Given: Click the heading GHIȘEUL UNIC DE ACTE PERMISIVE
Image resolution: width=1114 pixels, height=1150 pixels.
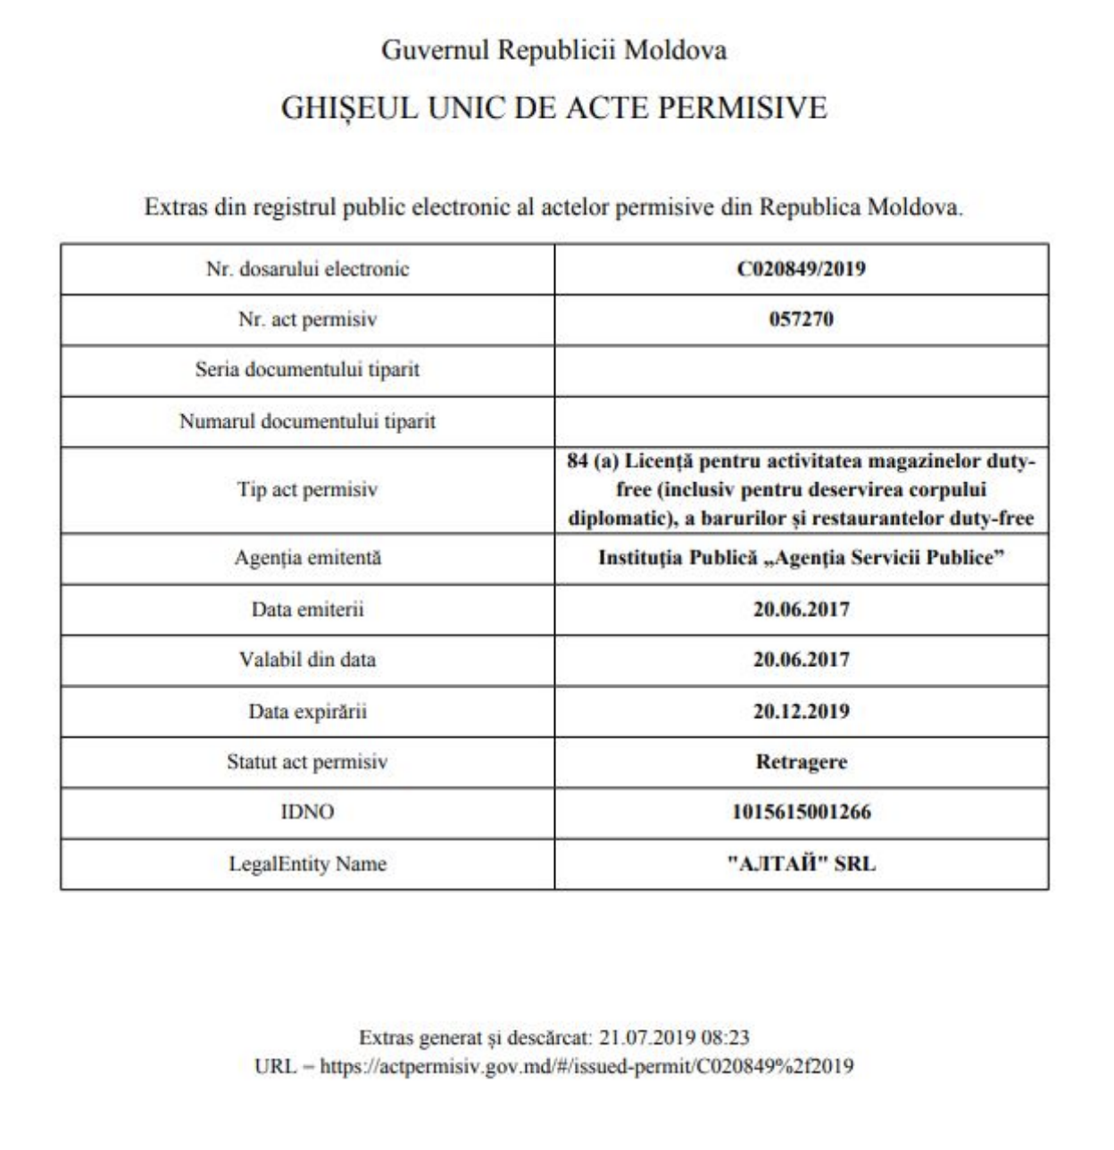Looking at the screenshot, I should (x=553, y=108).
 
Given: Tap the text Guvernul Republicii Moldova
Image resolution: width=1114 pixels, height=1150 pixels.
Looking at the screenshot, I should (x=553, y=50).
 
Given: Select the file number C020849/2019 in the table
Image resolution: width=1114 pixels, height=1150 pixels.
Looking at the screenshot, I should (x=801, y=269).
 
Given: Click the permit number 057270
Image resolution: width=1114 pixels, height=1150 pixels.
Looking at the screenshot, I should (x=801, y=320).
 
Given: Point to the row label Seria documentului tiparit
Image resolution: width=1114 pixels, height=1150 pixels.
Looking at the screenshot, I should (x=307, y=370).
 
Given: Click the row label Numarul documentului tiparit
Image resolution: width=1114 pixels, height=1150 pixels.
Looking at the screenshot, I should (x=307, y=421).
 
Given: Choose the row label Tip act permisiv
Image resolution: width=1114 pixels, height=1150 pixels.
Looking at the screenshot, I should (x=307, y=489).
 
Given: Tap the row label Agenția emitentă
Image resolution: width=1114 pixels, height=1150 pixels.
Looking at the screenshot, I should (x=307, y=558).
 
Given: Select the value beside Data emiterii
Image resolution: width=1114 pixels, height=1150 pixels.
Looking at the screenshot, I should (x=801, y=610).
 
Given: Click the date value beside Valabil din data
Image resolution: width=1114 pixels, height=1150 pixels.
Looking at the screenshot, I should (x=801, y=660).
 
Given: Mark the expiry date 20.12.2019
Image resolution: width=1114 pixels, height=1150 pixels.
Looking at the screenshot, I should (x=801, y=712).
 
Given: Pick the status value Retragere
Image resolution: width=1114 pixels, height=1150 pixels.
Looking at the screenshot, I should (x=801, y=762).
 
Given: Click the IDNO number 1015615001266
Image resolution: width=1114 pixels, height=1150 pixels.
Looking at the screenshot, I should (x=801, y=812).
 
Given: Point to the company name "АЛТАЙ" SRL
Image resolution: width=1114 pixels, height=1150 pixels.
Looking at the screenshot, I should (x=801, y=864).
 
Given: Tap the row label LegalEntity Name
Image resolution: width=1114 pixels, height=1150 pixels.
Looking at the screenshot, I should (x=307, y=864).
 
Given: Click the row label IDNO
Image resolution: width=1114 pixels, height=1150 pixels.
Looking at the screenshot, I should (x=307, y=812).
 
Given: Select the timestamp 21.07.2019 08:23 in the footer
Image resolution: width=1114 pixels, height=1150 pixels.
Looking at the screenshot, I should (x=674, y=1037).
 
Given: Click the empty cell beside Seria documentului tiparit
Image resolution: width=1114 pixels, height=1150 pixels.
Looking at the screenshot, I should (x=801, y=371).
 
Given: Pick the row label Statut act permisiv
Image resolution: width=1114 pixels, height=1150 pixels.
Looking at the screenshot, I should (x=307, y=762).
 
